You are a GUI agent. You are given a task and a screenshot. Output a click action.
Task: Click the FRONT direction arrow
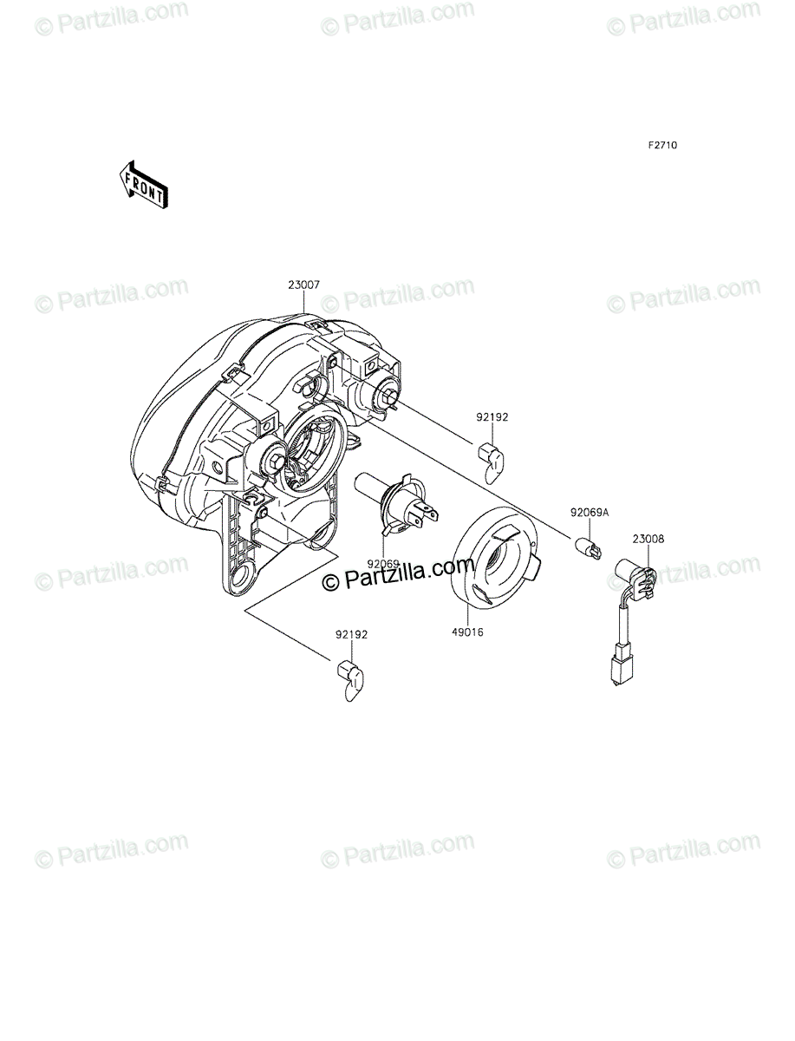click(144, 185)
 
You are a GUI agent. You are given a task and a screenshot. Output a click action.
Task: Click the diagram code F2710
click(662, 145)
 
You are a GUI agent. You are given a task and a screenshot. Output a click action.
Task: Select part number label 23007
click(303, 285)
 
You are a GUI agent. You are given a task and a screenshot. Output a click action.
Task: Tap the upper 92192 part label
click(492, 417)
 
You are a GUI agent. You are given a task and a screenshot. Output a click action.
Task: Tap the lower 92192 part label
click(351, 634)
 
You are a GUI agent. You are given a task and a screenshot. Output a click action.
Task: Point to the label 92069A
click(589, 513)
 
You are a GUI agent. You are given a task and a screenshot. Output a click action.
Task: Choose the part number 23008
click(648, 540)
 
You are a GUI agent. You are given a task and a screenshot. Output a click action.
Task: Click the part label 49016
click(467, 632)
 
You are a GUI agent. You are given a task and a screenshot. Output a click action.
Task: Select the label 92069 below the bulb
click(383, 563)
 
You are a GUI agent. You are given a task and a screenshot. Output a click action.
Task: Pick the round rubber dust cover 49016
click(496, 557)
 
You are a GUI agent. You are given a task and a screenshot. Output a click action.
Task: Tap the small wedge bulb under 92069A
click(587, 549)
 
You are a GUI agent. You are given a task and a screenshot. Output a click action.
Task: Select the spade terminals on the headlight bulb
click(426, 514)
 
